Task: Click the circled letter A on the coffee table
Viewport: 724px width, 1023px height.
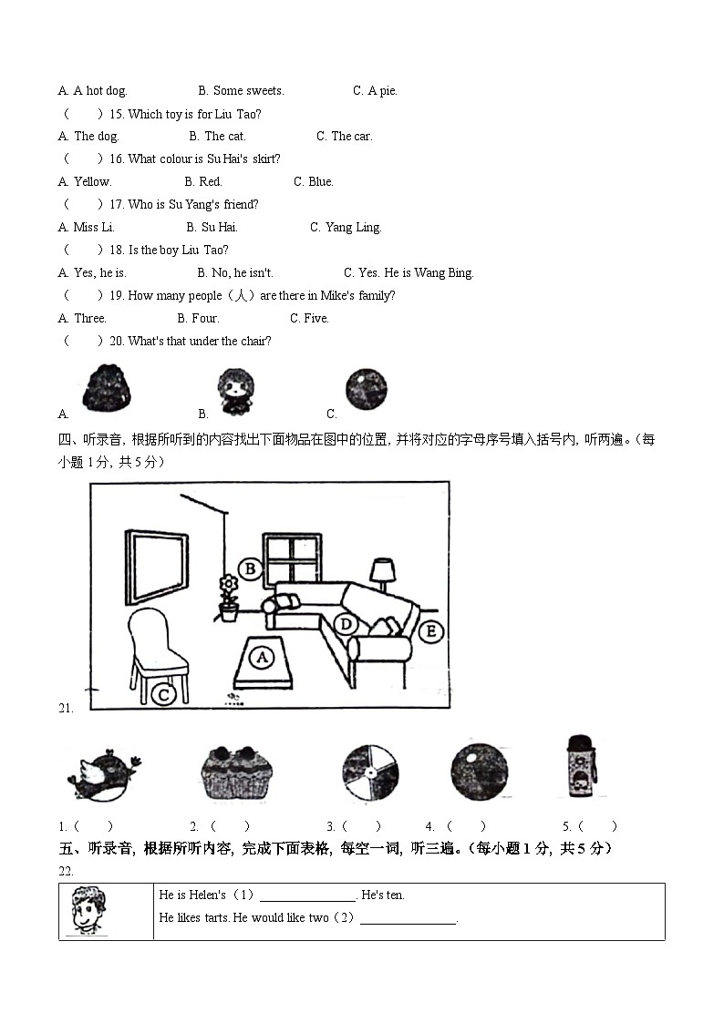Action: point(262,656)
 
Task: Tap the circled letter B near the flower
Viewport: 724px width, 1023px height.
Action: point(249,569)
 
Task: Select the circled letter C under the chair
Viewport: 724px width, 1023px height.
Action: point(163,695)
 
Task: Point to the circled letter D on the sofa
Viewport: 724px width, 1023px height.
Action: point(345,624)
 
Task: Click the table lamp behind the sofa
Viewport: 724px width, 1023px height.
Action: point(382,573)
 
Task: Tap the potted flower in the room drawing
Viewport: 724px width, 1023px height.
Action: point(228,598)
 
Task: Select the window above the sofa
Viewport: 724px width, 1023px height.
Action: point(292,558)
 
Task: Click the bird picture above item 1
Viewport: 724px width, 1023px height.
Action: point(104,773)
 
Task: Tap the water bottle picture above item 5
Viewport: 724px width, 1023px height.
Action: point(579,767)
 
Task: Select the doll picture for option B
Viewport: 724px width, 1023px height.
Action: point(233,389)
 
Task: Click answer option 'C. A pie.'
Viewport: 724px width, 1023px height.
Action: point(375,91)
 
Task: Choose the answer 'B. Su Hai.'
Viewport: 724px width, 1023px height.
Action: point(212,228)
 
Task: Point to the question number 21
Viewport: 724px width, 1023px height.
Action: point(65,708)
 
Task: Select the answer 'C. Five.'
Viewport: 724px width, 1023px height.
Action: point(309,319)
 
